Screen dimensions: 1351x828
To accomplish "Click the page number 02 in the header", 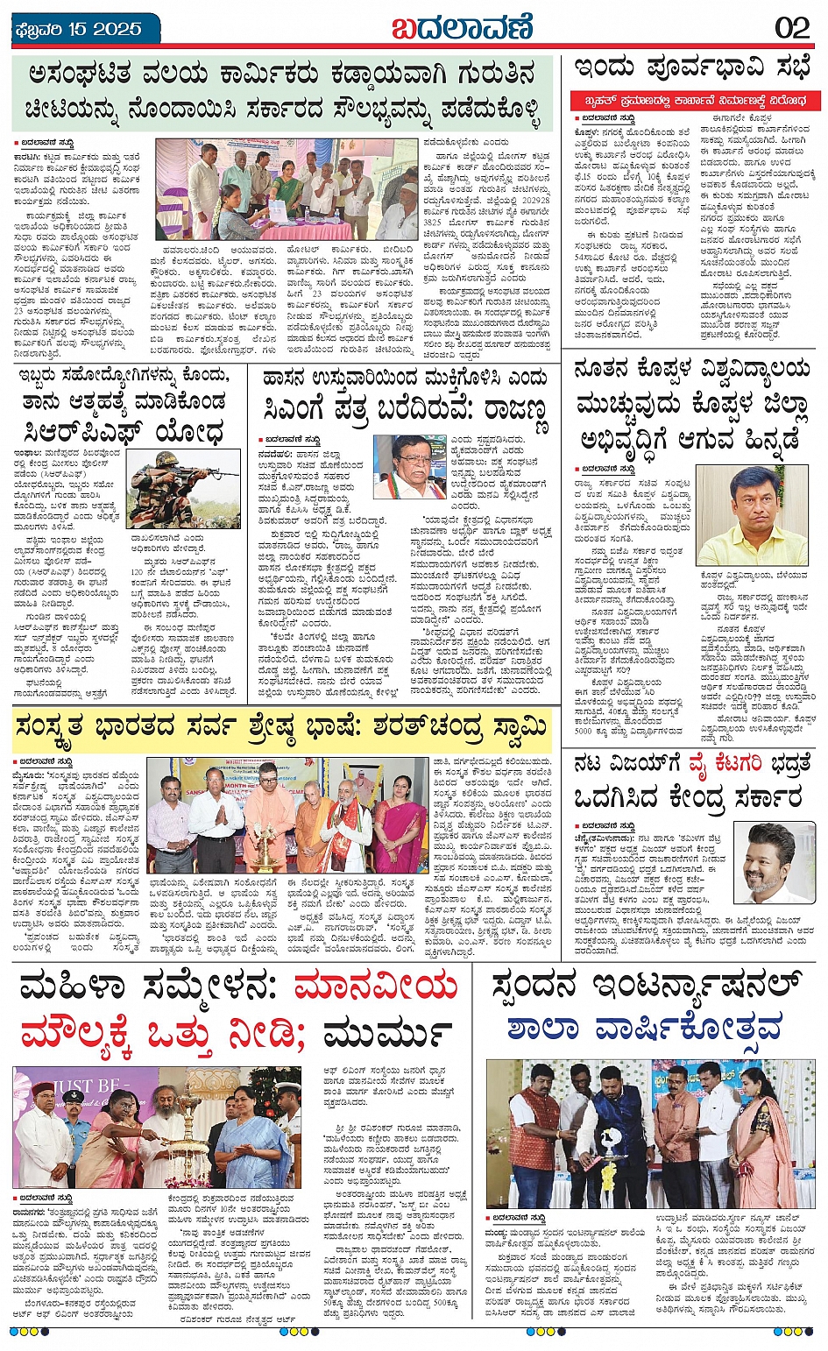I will tap(792, 28).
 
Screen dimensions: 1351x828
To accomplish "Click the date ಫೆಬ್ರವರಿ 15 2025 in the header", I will tap(79, 29).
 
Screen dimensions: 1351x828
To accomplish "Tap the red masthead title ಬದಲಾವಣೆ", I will tap(462, 28).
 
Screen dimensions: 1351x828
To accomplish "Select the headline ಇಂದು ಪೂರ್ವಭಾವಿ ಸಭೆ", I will tap(692, 68).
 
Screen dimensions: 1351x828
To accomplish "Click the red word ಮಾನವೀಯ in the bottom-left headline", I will tap(376, 987).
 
